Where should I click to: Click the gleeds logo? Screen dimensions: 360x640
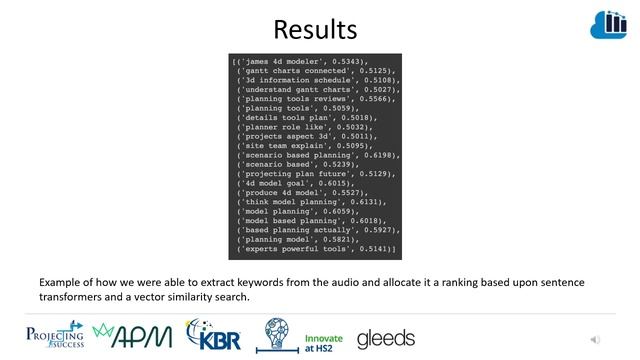[386, 337]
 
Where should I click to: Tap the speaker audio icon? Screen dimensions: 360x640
[597, 340]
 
